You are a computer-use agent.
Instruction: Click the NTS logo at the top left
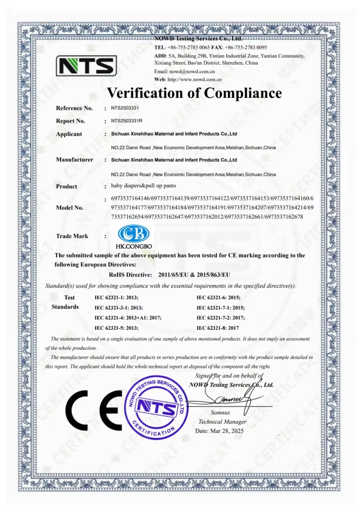[86, 66]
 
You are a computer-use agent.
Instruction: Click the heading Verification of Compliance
[194, 93]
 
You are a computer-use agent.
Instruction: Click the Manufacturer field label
[74, 160]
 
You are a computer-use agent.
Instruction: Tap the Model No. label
[70, 208]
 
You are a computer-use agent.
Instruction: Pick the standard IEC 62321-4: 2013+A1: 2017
[128, 318]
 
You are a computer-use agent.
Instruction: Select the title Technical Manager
[222, 422]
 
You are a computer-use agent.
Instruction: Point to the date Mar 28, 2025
[220, 431]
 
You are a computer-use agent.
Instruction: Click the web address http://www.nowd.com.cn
[195, 80]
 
